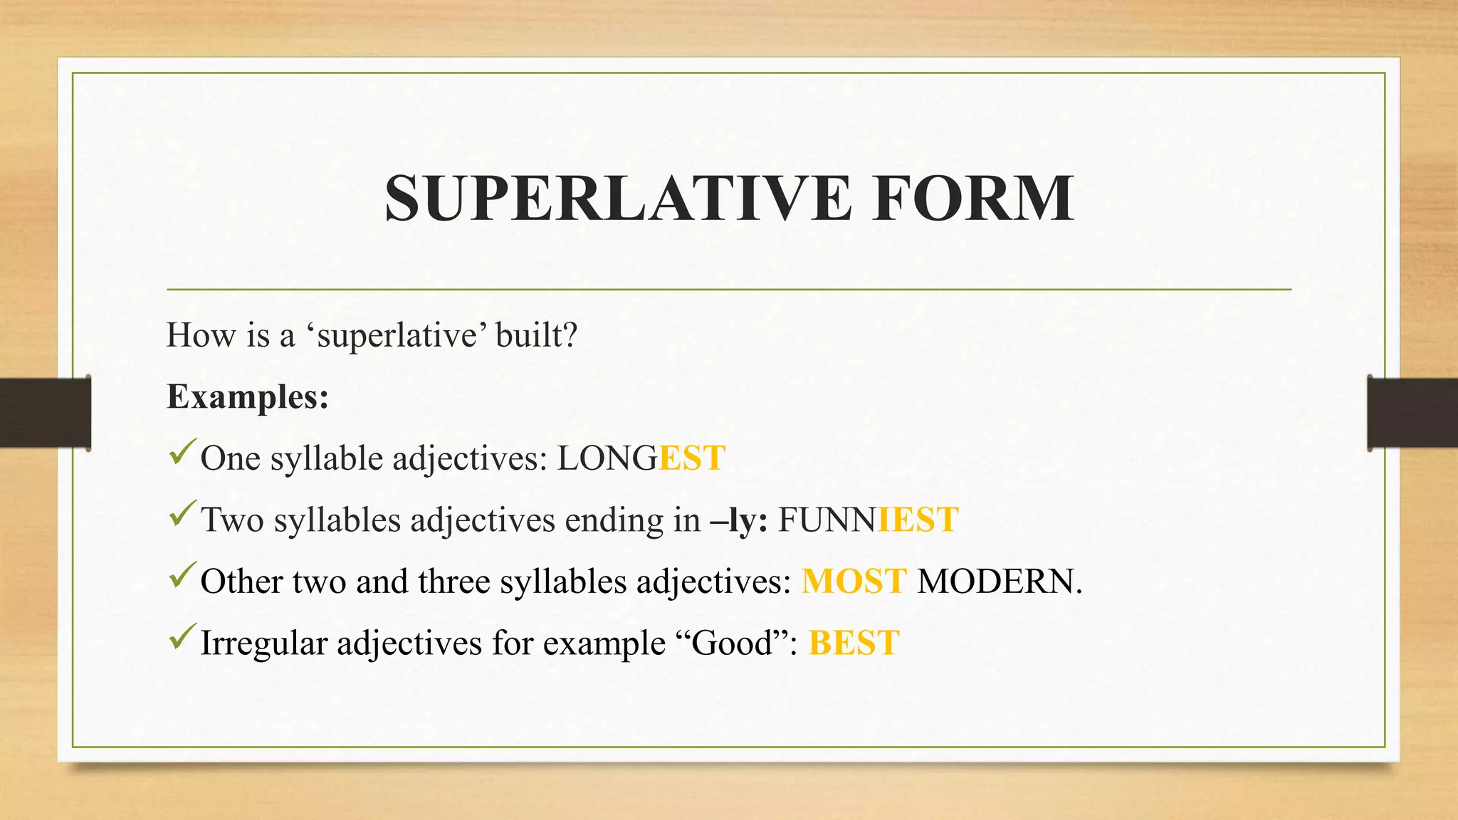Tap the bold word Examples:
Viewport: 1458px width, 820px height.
[x=248, y=396]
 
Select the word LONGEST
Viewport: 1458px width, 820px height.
[x=641, y=458]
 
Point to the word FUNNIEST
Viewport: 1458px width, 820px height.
[x=868, y=520]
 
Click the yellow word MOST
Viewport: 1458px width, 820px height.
[x=854, y=581]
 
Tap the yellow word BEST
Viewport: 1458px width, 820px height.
[x=854, y=643]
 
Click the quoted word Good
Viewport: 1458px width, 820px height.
[x=732, y=643]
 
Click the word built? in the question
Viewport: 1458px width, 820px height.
[x=536, y=335]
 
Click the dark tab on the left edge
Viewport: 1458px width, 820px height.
[x=45, y=413]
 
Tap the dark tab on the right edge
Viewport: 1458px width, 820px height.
[x=1412, y=413]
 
